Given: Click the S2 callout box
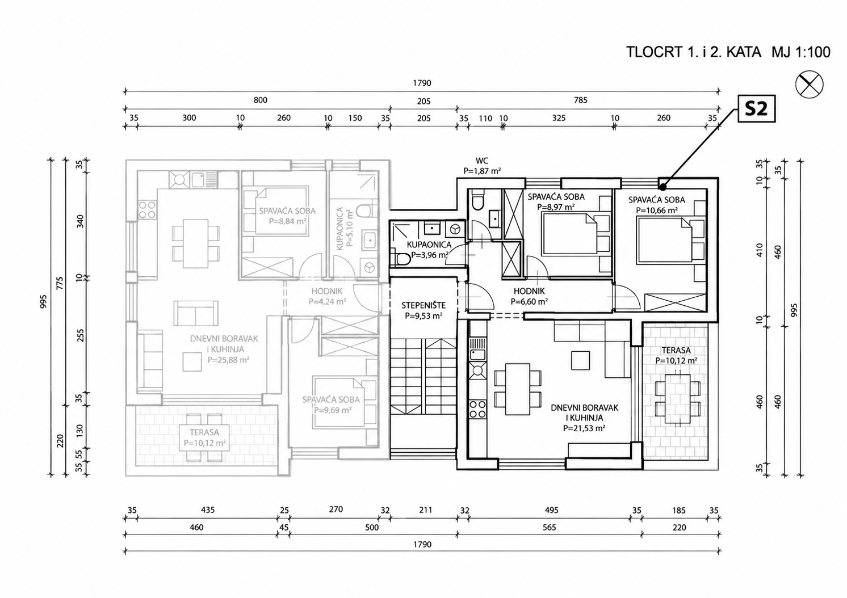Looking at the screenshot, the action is (757, 108).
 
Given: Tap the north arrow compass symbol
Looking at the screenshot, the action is (809, 85).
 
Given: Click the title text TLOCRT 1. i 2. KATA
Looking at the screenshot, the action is (694, 52).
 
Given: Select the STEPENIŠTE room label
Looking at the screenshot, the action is (423, 305).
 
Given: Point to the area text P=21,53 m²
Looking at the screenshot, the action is (584, 428).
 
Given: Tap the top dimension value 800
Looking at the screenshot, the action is (260, 100).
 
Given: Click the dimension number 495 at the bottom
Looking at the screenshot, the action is (551, 510).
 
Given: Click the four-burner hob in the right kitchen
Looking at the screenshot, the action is (477, 409).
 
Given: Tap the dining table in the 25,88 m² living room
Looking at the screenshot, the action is (195, 244).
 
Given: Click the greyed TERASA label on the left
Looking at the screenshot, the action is (204, 432).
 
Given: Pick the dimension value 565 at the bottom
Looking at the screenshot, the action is (549, 527).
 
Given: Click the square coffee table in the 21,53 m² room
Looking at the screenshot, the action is (580, 360).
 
